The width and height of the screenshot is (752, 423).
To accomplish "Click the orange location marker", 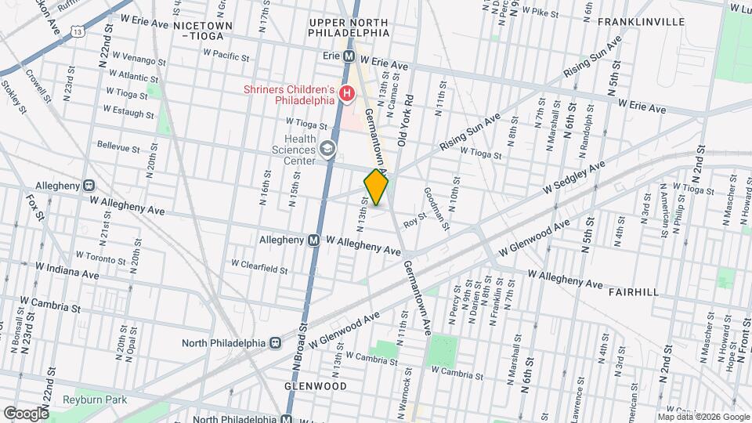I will click(x=376, y=188).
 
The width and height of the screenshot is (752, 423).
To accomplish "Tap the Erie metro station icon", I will click(x=352, y=57).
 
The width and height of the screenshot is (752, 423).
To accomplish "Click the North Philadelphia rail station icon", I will click(x=276, y=342).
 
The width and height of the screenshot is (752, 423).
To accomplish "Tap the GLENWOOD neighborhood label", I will click(x=316, y=387).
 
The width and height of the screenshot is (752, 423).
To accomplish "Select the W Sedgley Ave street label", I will click(x=576, y=178).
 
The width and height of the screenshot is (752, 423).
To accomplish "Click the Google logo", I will click(x=26, y=413).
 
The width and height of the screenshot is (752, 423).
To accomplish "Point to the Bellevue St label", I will click(x=118, y=147).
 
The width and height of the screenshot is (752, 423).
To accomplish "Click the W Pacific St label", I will click(x=225, y=56).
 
